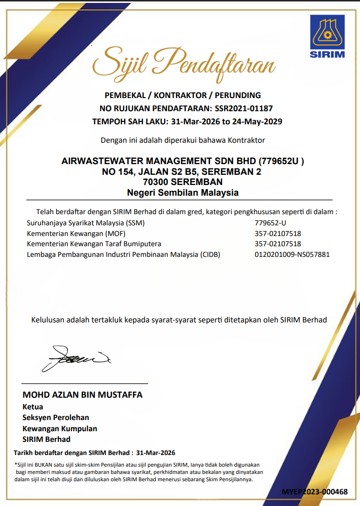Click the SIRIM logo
(327, 37)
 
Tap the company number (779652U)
(281, 161)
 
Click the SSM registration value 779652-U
(270, 223)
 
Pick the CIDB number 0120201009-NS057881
(292, 254)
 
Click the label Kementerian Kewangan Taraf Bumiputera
(94, 244)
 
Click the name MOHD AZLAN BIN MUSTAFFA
(82, 395)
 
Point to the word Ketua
(33, 406)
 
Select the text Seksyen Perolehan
(56, 418)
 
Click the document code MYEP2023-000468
(315, 492)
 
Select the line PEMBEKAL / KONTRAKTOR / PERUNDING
(182, 95)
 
